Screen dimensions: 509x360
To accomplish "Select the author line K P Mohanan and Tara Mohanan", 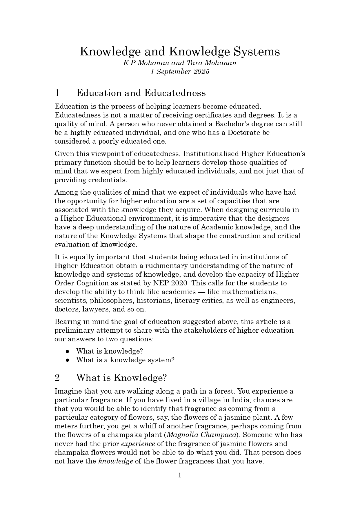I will click(180, 63).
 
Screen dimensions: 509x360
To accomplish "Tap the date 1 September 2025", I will click(180, 72).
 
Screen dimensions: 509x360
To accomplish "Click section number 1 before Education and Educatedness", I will click(57, 93).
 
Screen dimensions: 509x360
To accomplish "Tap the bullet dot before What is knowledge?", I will click(67, 351).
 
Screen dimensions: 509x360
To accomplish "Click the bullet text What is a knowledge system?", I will click(125, 360).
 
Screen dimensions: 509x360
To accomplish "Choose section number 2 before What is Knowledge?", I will click(57, 378).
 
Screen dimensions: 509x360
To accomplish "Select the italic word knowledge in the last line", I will click(116, 461).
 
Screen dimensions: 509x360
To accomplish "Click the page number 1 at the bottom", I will click(180, 475).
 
